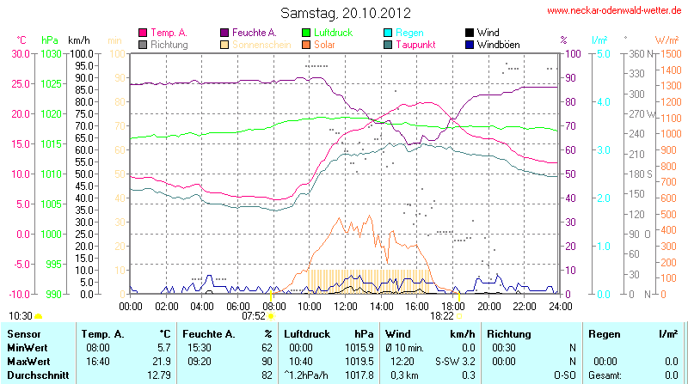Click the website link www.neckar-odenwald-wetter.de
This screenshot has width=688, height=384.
tap(614, 10)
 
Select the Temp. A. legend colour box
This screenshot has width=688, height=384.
tap(143, 33)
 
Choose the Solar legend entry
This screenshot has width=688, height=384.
tap(324, 44)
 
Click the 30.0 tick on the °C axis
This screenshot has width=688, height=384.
tap(20, 53)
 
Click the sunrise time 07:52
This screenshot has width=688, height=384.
tap(253, 316)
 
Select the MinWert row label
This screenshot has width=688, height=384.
tap(28, 347)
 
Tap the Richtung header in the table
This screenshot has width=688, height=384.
tap(509, 332)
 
